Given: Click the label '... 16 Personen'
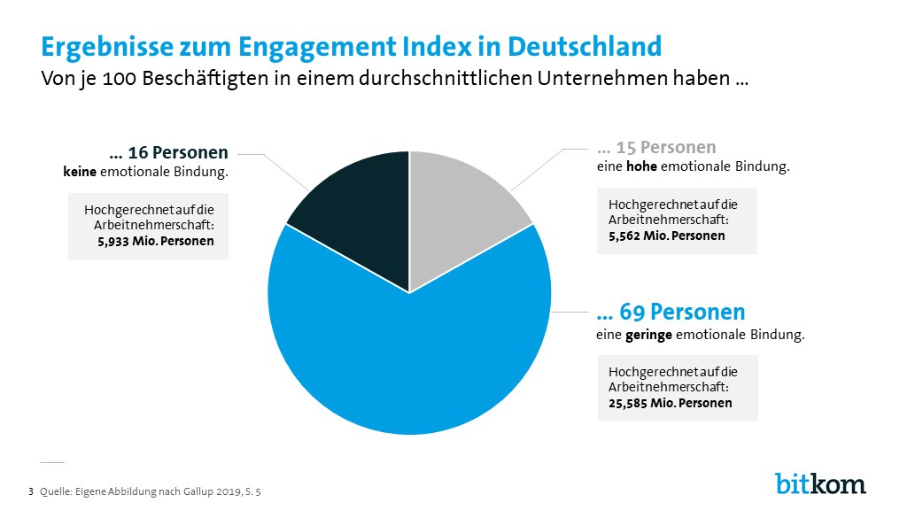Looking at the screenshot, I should pos(168,152).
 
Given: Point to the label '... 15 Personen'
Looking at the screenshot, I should pos(656,147).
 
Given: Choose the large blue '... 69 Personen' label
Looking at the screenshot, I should pos(671,313).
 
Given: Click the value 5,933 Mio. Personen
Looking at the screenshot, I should pos(149,240).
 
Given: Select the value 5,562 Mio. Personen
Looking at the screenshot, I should pos(666,236).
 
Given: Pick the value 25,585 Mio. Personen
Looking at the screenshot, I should pos(670,403).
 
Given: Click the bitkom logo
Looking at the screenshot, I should pos(820,483).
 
